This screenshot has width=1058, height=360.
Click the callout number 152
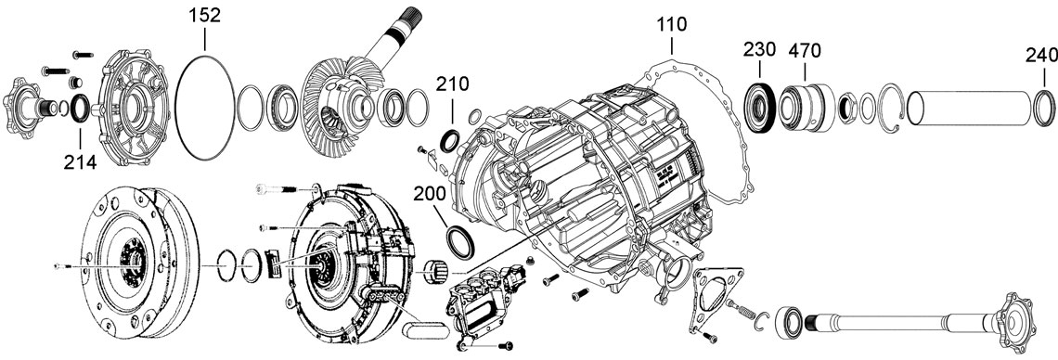(x=204, y=16)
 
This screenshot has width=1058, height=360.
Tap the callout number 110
(x=672, y=24)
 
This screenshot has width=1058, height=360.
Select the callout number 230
(x=760, y=50)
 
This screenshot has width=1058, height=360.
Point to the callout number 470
(x=805, y=50)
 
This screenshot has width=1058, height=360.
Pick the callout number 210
(x=452, y=84)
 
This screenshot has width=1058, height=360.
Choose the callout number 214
(x=81, y=161)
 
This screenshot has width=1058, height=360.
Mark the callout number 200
(x=430, y=194)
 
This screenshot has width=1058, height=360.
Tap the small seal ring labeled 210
(x=449, y=141)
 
